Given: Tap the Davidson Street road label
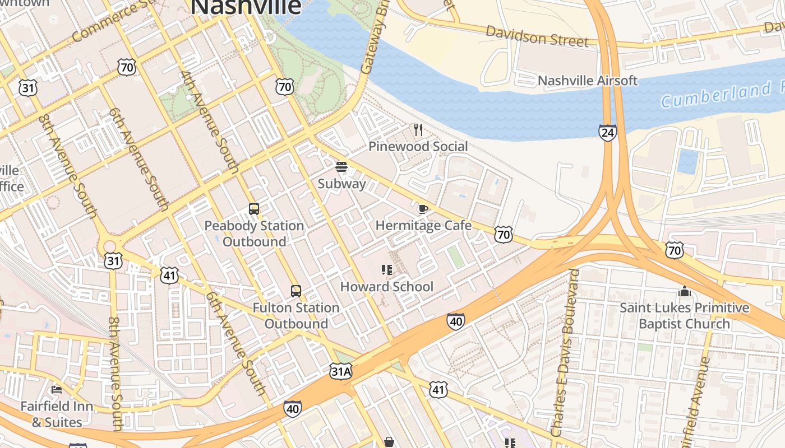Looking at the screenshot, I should pyautogui.click(x=537, y=37).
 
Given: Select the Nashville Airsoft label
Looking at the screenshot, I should pyautogui.click(x=587, y=81).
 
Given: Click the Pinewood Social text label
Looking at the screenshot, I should pyautogui.click(x=418, y=147).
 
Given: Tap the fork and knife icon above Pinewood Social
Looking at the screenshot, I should pyautogui.click(x=418, y=130).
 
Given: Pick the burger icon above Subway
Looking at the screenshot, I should pyautogui.click(x=341, y=167).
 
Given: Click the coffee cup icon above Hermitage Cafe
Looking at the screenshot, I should pyautogui.click(x=423, y=209).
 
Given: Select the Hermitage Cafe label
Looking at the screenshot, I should pyautogui.click(x=423, y=226).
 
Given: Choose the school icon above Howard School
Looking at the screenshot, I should pyautogui.click(x=386, y=270).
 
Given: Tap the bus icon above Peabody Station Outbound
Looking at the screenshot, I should pyautogui.click(x=254, y=209).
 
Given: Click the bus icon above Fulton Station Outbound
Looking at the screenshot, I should pyautogui.click(x=295, y=291).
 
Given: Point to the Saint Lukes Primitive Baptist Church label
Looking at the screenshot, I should pyautogui.click(x=684, y=316).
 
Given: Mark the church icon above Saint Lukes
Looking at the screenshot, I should pyautogui.click(x=684, y=291).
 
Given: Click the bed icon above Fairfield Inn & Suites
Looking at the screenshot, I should pyautogui.click(x=56, y=390).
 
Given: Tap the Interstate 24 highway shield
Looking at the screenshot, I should pyautogui.click(x=607, y=133).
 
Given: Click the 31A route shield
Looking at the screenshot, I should pyautogui.click(x=340, y=371).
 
